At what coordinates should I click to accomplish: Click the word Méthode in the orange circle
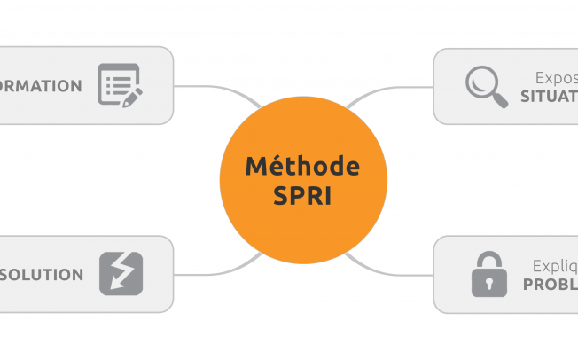[x=302, y=166]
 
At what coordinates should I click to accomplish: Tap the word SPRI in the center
[x=302, y=195]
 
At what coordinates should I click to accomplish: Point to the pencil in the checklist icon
[x=131, y=96]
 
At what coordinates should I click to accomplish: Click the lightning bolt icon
[x=121, y=274]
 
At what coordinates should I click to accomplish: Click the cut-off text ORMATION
[x=41, y=86]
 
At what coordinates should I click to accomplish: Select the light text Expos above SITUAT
[x=556, y=77]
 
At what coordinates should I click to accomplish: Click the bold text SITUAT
[x=550, y=96]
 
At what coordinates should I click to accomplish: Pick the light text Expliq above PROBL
[x=554, y=265]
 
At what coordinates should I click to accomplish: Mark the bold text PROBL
[x=550, y=285]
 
